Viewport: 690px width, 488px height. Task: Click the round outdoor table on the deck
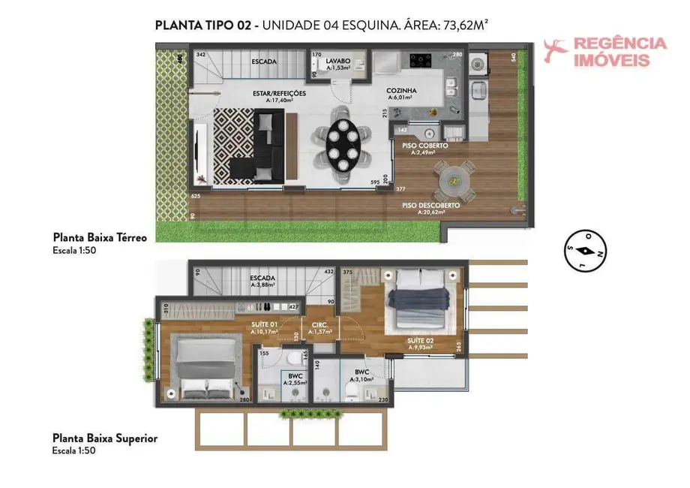(453, 182)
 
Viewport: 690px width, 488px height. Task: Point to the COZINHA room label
(401, 91)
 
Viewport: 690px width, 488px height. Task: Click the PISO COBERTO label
(424, 146)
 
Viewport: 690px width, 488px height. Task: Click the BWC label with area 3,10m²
(363, 372)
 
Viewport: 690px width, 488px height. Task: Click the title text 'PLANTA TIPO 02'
(202, 25)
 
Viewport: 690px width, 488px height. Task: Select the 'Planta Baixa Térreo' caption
(99, 237)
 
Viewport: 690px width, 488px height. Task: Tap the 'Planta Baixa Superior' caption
(104, 438)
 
